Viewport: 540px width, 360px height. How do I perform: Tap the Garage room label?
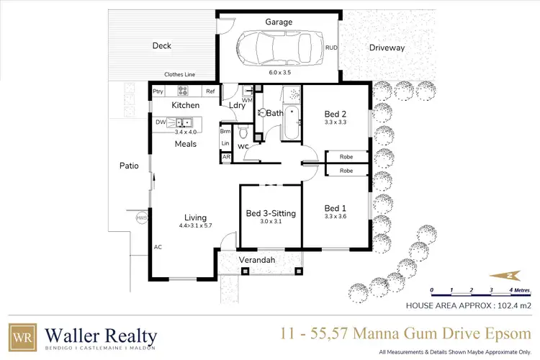pyautogui.click(x=279, y=22)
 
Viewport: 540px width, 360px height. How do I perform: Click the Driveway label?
pyautogui.click(x=387, y=48)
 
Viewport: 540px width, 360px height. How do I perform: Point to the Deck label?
pyautogui.click(x=161, y=46)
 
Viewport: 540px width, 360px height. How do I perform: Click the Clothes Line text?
pyautogui.click(x=180, y=74)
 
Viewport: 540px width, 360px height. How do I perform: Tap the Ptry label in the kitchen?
pyautogui.click(x=158, y=91)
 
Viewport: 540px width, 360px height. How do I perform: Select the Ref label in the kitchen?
pyautogui.click(x=210, y=91)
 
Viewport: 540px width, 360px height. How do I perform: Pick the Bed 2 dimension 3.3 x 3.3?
pyautogui.click(x=336, y=122)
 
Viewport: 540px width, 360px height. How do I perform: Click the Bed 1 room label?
pyautogui.click(x=336, y=207)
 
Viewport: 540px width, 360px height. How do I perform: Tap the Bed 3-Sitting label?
pyautogui.click(x=270, y=212)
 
